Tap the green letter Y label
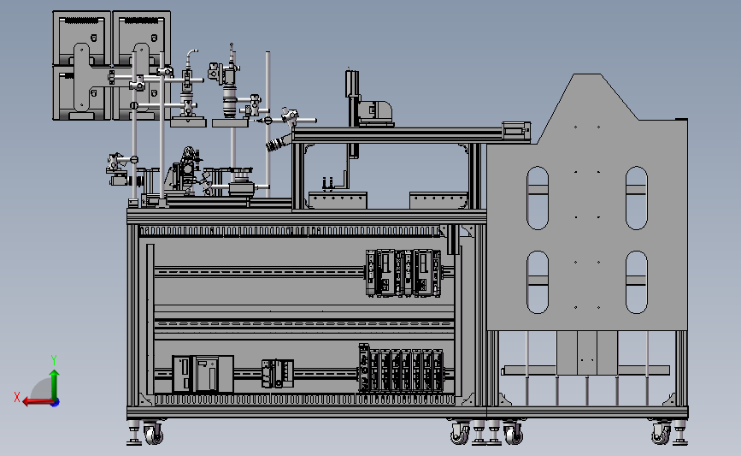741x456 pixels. [54, 359]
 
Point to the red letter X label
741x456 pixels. [17, 397]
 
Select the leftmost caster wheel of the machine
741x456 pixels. [153, 435]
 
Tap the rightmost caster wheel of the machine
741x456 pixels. [661, 435]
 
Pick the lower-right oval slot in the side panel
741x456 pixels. [636, 282]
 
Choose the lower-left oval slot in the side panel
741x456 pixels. [538, 282]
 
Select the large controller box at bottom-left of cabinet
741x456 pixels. [203, 374]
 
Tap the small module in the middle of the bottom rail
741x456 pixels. [278, 373]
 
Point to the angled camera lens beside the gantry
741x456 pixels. [279, 142]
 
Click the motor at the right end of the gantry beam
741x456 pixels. [515, 130]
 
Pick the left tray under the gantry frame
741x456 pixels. [338, 200]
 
